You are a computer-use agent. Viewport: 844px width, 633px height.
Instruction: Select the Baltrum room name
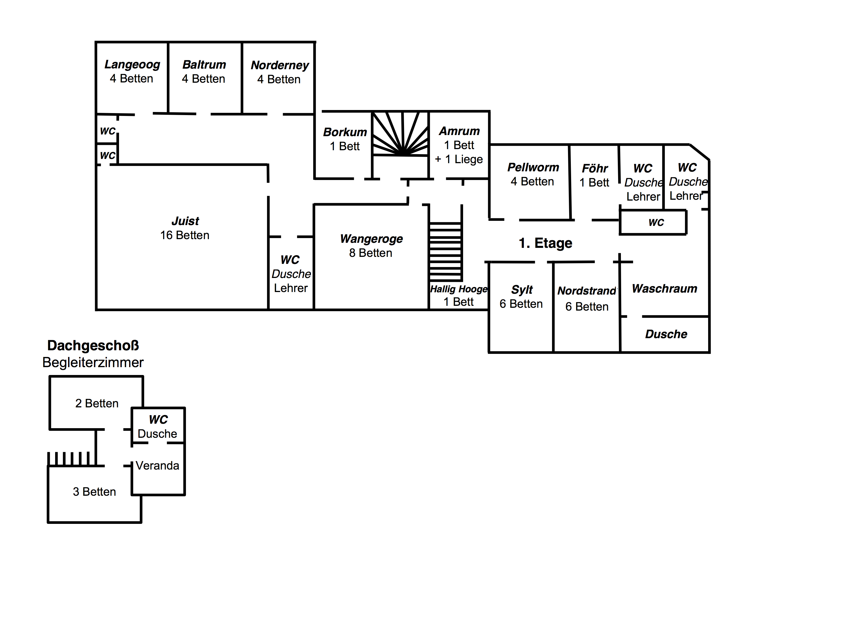[204, 64]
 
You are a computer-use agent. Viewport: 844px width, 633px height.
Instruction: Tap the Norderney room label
[280, 66]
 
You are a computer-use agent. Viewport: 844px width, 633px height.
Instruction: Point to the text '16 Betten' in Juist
[185, 235]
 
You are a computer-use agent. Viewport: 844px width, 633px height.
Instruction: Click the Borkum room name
[345, 132]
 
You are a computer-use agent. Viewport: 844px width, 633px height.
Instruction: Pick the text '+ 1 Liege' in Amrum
[459, 159]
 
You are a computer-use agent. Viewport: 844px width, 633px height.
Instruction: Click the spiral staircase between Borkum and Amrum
[401, 134]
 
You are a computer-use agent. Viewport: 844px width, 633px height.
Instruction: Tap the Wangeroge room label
[371, 239]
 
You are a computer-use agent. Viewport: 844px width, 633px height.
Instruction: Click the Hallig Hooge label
[459, 289]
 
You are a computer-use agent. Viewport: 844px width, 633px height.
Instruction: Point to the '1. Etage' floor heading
[545, 243]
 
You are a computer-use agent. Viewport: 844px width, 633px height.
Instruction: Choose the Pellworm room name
[533, 167]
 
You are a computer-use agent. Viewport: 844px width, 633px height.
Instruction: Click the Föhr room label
[594, 168]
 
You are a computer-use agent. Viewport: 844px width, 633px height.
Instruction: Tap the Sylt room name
[522, 289]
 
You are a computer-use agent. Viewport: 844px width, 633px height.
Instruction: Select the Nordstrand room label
[587, 291]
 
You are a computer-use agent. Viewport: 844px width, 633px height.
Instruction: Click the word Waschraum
[664, 288]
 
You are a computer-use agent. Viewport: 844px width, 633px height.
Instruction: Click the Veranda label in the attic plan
[157, 466]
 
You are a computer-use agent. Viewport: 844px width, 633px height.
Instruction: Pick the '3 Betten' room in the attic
[94, 491]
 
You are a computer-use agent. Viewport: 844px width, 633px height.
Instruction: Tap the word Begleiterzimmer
[93, 362]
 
